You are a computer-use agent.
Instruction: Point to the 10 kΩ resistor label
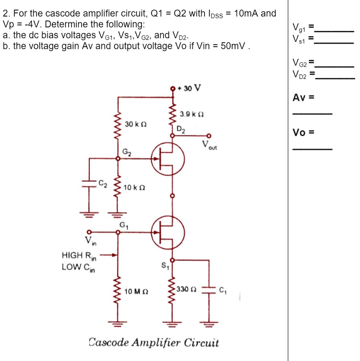pyautogui.click(x=135, y=187)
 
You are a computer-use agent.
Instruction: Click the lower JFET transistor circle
pyautogui.click(x=168, y=232)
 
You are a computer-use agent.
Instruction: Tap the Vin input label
pyautogui.click(x=90, y=241)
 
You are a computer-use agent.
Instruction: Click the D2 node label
pyautogui.click(x=181, y=129)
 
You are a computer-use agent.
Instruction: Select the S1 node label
pyautogui.click(x=164, y=265)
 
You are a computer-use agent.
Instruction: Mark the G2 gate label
pyautogui.click(x=127, y=152)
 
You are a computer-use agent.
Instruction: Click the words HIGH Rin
pyautogui.click(x=78, y=255)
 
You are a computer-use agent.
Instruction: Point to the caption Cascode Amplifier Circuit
pyautogui.click(x=154, y=343)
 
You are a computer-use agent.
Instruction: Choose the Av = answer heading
pyautogui.click(x=303, y=98)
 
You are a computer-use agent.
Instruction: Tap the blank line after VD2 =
pyautogui.click(x=334, y=78)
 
